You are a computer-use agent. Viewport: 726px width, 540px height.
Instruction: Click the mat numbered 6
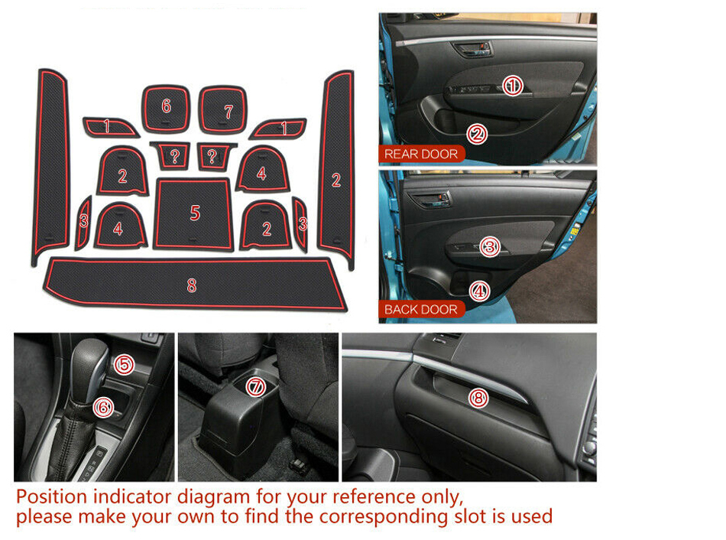point(166,109)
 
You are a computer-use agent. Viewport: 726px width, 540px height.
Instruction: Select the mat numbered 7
point(222,109)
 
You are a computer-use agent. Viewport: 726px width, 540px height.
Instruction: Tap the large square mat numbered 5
point(193,213)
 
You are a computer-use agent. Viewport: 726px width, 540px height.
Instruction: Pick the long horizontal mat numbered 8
point(195,284)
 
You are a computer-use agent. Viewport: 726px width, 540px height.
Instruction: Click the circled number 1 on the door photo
point(513,86)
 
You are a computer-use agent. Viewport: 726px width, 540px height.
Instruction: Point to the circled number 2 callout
point(477,135)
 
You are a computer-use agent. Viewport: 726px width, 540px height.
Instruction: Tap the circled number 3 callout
point(489,246)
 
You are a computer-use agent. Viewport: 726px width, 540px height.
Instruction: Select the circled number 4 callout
point(479,291)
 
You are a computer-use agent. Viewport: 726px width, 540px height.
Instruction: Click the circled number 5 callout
point(124,364)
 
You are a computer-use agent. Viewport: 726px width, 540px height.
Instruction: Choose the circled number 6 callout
point(103,408)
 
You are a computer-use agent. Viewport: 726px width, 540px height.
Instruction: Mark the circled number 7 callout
point(255,386)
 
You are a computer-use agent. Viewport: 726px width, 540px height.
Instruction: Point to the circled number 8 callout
point(478,398)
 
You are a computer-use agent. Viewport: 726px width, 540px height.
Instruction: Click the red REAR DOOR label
point(421,154)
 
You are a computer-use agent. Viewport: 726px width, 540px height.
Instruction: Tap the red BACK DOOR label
point(421,309)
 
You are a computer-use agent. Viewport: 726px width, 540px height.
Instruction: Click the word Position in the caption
point(52,497)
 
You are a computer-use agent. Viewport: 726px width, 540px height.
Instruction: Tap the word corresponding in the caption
point(384,517)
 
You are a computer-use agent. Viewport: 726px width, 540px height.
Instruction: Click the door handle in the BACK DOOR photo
point(430,200)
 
